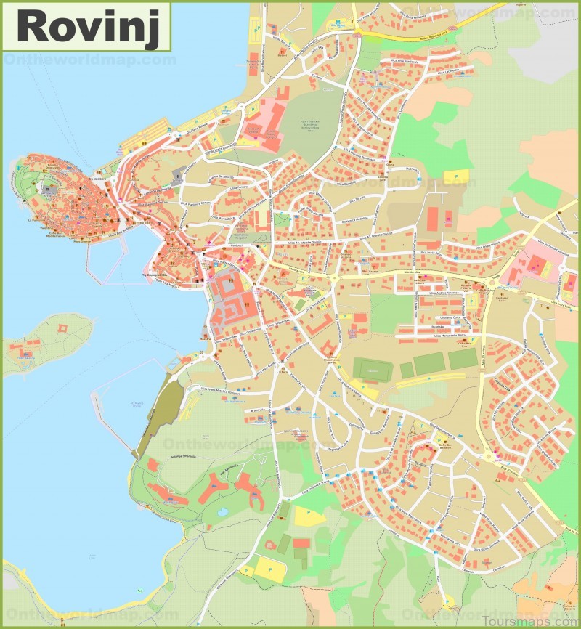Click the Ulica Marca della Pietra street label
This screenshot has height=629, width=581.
(458, 335)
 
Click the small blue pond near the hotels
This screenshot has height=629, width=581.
(222, 511)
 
